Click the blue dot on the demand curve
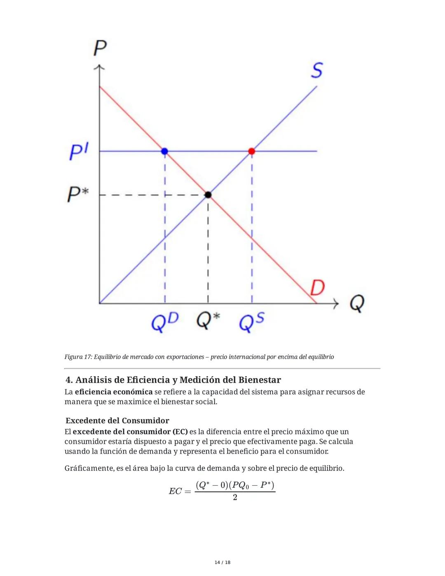165,151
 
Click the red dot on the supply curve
252,151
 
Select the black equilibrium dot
208,195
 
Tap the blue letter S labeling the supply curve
316,71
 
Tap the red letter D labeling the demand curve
317,287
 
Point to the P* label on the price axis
78,194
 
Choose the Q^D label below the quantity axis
165,322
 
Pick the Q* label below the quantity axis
208,321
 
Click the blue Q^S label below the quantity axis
251,322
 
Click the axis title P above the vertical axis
100,48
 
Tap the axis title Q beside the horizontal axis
357,304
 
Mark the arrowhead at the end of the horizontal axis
336,304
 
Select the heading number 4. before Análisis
69,380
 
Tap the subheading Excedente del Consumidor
117,421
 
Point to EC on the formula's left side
175,491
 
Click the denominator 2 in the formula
235,498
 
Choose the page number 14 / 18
222,562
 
